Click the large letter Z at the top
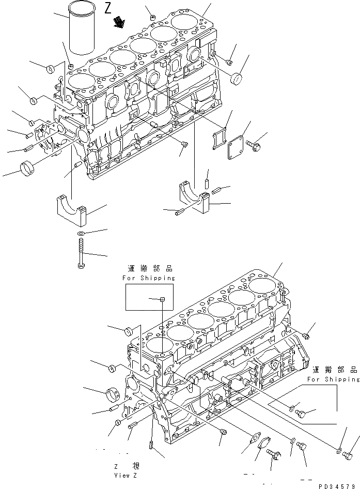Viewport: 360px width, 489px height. coord(107,8)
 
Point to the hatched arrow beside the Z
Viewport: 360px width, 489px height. coord(121,22)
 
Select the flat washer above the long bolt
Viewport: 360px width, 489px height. coord(82,234)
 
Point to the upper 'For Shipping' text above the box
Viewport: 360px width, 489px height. coord(149,278)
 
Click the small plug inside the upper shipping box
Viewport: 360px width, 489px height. coord(162,299)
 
